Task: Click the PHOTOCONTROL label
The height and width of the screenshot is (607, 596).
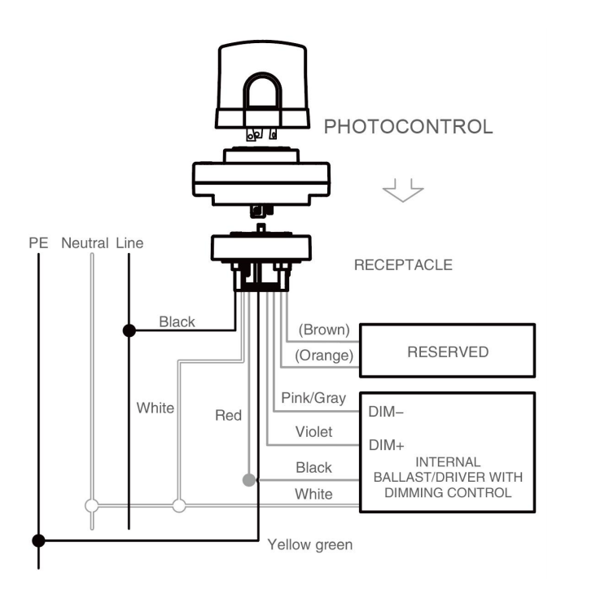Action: pos(408,127)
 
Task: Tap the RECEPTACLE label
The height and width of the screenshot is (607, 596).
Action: pos(403,265)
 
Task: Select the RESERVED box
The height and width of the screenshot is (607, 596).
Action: pos(448,352)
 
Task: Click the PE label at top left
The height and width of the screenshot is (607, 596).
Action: pos(38,243)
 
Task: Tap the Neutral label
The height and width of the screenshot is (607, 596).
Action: pos(85,243)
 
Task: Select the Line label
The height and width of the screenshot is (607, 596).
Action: pos(129,243)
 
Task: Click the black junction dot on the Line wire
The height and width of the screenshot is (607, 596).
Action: pos(129,330)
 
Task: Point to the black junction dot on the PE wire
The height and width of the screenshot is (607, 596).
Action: pos(37,540)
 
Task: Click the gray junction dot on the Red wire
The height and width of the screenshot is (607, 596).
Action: pos(248,480)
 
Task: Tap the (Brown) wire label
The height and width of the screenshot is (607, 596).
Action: pos(324,330)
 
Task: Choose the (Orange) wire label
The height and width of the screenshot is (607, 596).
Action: pos(324,355)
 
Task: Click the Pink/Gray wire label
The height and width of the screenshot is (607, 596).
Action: pos(313,398)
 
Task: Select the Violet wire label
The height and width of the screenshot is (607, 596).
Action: pos(313,432)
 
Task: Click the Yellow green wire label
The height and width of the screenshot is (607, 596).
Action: pos(310,544)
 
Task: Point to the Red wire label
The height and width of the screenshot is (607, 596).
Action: pos(228,416)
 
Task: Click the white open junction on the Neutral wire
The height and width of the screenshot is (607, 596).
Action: pos(92,505)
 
